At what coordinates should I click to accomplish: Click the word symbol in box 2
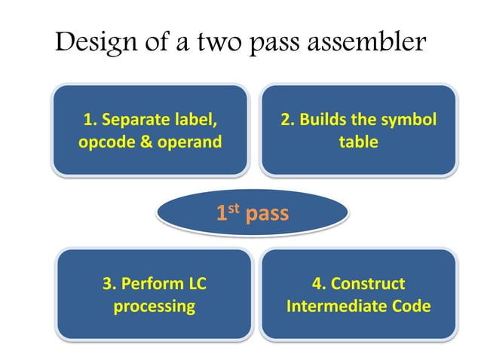tap(411, 121)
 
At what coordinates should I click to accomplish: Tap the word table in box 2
tap(358, 142)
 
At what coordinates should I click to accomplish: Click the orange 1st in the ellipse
tap(228, 214)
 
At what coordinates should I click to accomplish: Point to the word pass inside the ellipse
tap(267, 215)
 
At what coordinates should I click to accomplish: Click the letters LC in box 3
tap(195, 284)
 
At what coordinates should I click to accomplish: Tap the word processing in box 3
tap(154, 307)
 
